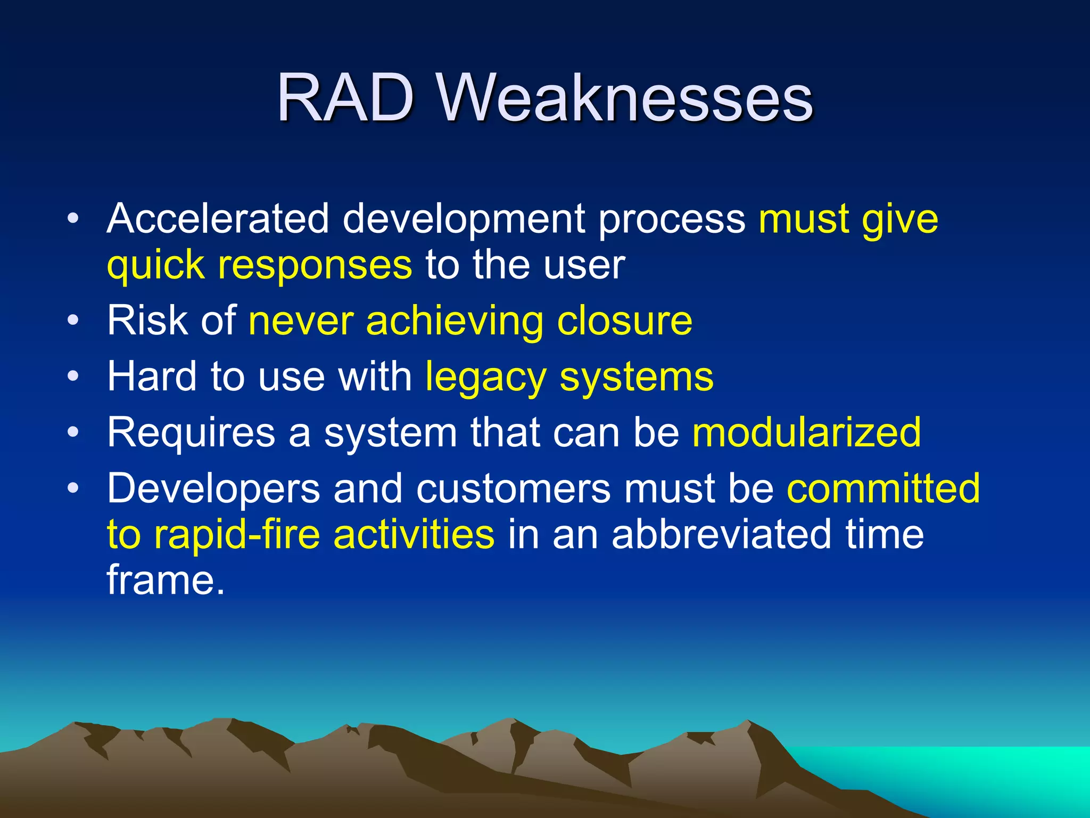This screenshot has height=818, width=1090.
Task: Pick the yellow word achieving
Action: coord(455,322)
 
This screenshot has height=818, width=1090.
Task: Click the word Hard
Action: coord(152,377)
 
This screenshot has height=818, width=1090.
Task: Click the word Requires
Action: coord(191,432)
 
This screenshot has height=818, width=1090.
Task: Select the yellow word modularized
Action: coord(806,432)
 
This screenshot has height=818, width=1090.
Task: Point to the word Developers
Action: coord(213,489)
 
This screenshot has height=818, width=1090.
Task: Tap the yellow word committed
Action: coord(883,488)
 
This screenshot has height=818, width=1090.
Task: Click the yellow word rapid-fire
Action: coord(237,535)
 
